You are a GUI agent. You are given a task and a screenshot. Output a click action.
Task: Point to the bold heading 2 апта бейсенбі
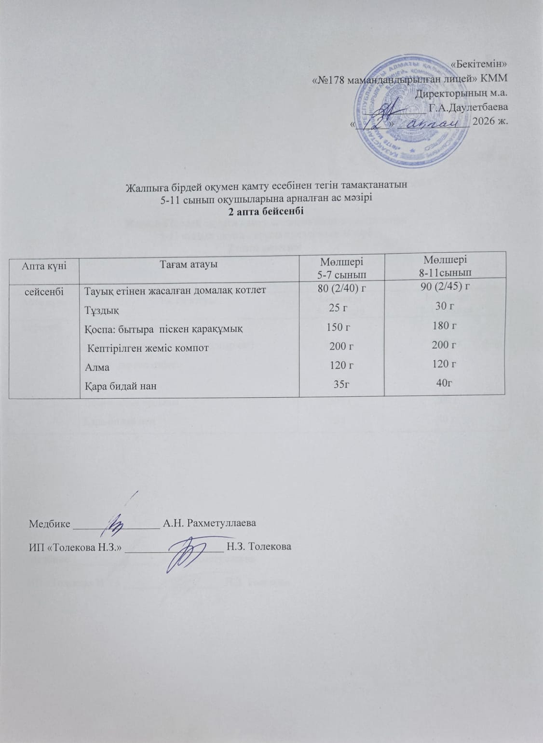(267, 211)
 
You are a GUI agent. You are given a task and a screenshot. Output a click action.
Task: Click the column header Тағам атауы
(189, 264)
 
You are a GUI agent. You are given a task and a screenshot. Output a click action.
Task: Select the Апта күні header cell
(44, 265)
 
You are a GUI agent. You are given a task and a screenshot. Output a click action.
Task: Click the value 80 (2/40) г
(341, 290)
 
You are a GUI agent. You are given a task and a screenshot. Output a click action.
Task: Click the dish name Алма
(97, 367)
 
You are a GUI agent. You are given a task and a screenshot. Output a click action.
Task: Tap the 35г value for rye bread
(341, 385)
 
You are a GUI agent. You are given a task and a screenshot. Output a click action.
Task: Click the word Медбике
(50, 523)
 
